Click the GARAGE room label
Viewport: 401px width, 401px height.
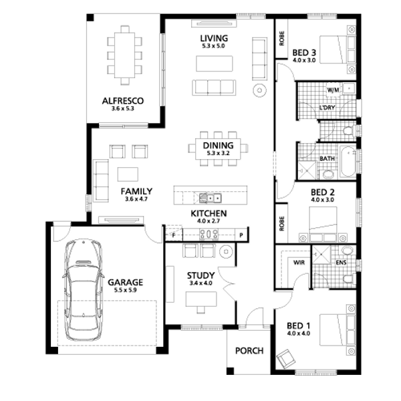(x=126, y=282)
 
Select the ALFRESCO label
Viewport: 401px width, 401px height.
(x=123, y=101)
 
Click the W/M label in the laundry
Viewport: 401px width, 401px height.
(x=333, y=90)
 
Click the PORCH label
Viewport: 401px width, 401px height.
(x=249, y=351)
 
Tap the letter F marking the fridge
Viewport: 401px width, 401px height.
(x=174, y=235)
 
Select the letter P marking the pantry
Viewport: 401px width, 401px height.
(x=241, y=235)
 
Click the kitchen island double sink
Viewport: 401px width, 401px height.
(x=211, y=198)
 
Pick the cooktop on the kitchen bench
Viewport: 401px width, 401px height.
(x=209, y=234)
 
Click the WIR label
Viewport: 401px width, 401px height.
(x=299, y=263)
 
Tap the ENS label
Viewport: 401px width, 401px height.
(x=341, y=263)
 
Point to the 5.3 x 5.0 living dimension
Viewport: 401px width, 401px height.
(x=214, y=46)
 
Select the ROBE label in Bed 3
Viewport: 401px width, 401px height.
(x=281, y=38)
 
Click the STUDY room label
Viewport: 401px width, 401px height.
(x=200, y=275)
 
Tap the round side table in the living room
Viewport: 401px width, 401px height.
(x=259, y=90)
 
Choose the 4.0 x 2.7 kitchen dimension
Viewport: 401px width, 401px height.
(x=209, y=221)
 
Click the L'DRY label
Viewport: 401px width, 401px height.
(x=327, y=108)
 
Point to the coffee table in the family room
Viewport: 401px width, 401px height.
(x=128, y=174)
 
